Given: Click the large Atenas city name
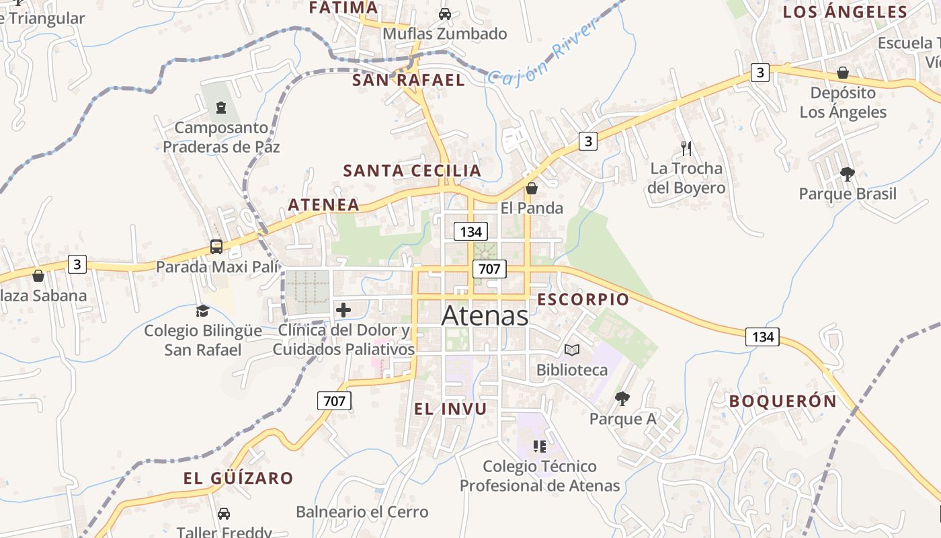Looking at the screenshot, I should coord(485,316).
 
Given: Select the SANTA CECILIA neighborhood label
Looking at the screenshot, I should coord(412,171).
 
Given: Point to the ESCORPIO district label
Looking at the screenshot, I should coord(583,300).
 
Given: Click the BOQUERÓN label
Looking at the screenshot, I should coord(783,401).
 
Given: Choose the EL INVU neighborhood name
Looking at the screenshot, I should coord(450,409).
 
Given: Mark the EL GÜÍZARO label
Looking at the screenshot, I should coord(239,479).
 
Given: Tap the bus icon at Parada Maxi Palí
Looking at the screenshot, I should coord(216,247).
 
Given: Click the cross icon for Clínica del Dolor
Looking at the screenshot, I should coord(343,310).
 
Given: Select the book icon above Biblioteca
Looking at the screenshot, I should coord(572,350).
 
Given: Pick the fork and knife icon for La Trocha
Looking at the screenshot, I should coord(686,149).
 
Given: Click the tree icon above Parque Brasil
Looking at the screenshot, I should coord(848,174).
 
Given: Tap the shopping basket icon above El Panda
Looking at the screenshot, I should coord(532,188).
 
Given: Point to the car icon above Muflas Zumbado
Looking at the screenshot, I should coord(445,13).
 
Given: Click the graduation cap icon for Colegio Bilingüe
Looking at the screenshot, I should coord(202,311).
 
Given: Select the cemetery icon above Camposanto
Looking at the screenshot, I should coord(220,107).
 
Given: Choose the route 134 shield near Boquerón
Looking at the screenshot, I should coord(763,336).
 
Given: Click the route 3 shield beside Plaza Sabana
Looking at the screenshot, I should coord(77,264).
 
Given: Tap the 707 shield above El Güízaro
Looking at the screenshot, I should coord(334,401).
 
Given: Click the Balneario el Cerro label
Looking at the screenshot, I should coord(362,512).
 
